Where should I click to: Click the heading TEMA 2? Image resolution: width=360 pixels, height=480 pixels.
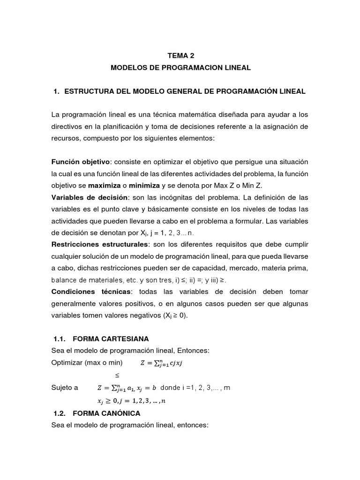(180, 55)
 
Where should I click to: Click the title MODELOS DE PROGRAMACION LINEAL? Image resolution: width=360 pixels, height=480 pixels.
(180, 68)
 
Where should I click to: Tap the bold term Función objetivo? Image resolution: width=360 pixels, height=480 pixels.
(81, 161)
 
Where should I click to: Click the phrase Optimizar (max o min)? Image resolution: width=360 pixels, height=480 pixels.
(87, 362)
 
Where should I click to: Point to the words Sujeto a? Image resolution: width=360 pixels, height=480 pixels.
(64, 388)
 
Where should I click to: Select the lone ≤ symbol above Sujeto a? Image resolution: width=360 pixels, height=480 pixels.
(118, 375)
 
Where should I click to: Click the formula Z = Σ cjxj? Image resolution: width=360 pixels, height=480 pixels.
(163, 362)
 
